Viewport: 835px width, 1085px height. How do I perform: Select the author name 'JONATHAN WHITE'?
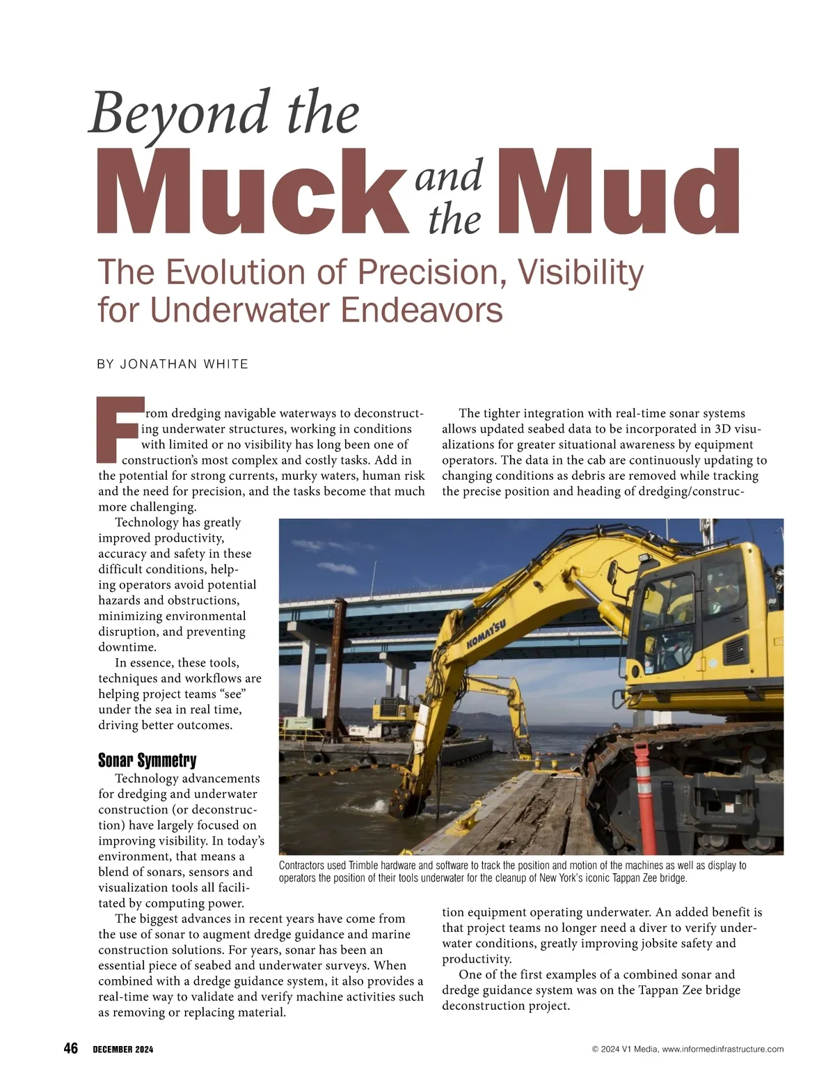coord(184,364)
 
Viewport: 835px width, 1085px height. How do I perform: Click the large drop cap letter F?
coord(119,430)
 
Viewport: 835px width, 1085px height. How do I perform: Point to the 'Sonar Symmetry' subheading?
coord(148,760)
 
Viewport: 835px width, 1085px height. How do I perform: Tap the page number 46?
coord(71,1049)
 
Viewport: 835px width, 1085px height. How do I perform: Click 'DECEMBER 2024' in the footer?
coord(123,1049)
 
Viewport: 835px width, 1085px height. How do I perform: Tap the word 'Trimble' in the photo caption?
coord(363,866)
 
